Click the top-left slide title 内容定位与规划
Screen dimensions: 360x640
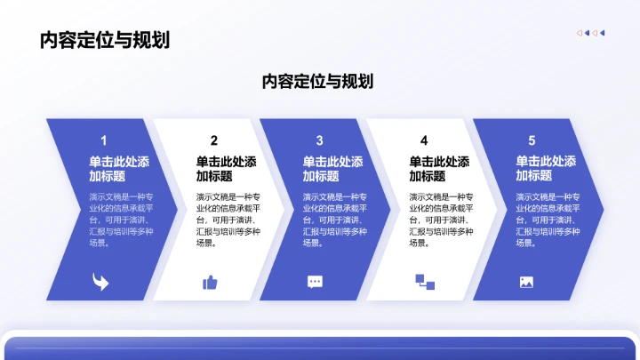pos(105,40)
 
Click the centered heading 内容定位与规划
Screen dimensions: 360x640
pos(317,82)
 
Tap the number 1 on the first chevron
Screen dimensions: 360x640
pos(104,140)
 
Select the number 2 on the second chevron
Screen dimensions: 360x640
pos(214,140)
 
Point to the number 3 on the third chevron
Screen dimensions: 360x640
pos(319,140)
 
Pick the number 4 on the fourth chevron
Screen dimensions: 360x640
pos(424,140)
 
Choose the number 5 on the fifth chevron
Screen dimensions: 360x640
pos(532,140)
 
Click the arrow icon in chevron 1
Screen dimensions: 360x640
pos(100,282)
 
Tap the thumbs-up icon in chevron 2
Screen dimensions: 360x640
pos(210,282)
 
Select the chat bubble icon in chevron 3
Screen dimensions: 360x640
pos(316,282)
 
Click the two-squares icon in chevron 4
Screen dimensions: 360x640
pos(424,282)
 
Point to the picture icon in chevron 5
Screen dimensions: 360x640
pos(526,282)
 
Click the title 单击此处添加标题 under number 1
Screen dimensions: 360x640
pos(119,169)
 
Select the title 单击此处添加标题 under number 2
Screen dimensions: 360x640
pos(226,169)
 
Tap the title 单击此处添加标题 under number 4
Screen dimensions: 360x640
pos(439,169)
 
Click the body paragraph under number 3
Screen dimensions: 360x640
pos(334,220)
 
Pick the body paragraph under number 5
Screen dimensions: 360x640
pos(548,220)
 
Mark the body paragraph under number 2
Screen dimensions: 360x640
pos(228,220)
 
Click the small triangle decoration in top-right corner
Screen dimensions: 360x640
pos(591,33)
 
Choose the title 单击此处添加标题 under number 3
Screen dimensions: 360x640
pos(332,169)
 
